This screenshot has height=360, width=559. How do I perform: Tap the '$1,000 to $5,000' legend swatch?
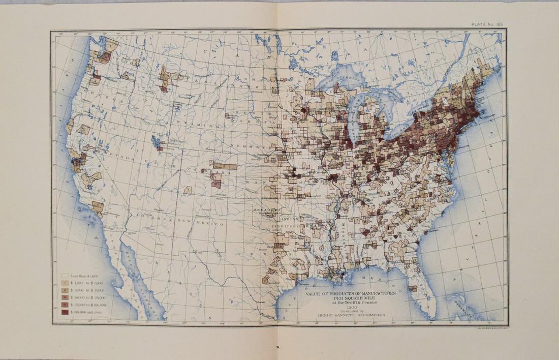click(66, 281)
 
